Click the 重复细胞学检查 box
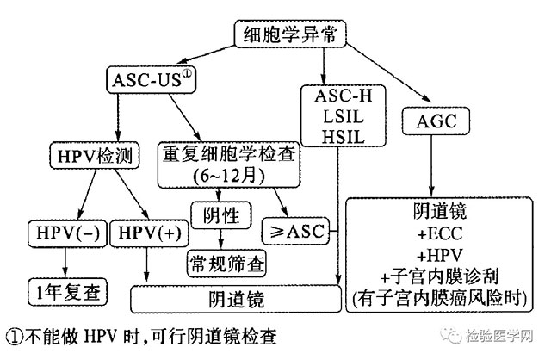point(227,163)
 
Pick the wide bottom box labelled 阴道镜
point(233,298)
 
